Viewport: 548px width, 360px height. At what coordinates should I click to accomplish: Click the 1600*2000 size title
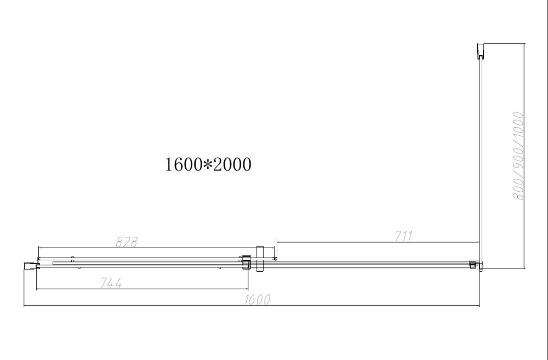(x=208, y=164)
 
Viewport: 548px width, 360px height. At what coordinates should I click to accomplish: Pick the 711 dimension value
(x=403, y=236)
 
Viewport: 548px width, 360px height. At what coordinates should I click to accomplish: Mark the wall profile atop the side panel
(x=481, y=51)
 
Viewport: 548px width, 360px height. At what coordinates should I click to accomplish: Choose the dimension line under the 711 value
(x=378, y=243)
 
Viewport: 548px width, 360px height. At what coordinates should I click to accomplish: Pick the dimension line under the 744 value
(x=142, y=289)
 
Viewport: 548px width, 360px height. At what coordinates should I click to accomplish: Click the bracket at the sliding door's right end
(x=246, y=262)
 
